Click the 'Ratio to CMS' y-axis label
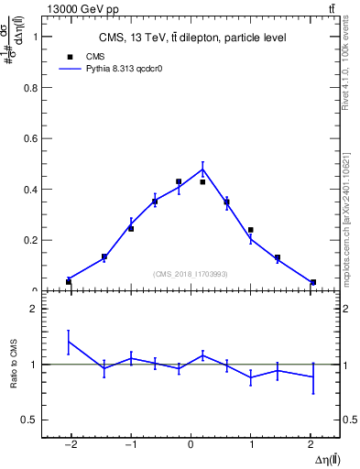13,365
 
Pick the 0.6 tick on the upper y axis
31,138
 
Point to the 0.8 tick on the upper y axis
31,88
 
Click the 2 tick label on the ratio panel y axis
33,309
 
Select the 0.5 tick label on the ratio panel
30,420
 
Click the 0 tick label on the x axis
191,444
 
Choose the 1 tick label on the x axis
251,444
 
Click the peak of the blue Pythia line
202,169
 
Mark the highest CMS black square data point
179,181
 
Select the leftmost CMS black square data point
69,281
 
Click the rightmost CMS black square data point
313,282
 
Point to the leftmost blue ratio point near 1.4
69,342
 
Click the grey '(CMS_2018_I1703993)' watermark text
190,273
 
